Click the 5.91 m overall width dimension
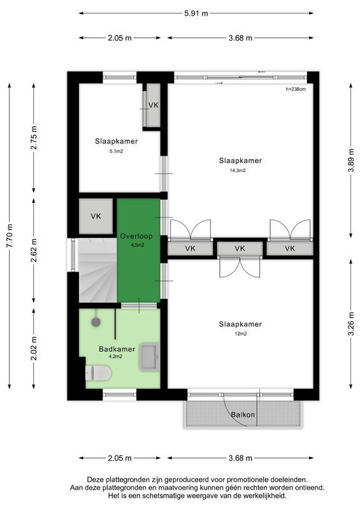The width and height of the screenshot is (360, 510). pyautogui.click(x=196, y=13)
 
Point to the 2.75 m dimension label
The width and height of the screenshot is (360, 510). pyautogui.click(x=34, y=138)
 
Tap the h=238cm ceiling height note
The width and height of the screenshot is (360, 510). pyautogui.click(x=296, y=89)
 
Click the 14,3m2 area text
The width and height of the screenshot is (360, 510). pyautogui.click(x=238, y=171)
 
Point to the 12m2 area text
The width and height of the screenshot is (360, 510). pyautogui.click(x=240, y=334)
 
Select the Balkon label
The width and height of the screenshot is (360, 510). pyautogui.click(x=243, y=415)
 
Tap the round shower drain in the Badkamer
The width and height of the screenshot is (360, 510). pyautogui.click(x=96, y=322)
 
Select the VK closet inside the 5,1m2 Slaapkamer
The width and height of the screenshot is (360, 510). pyautogui.click(x=153, y=106)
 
